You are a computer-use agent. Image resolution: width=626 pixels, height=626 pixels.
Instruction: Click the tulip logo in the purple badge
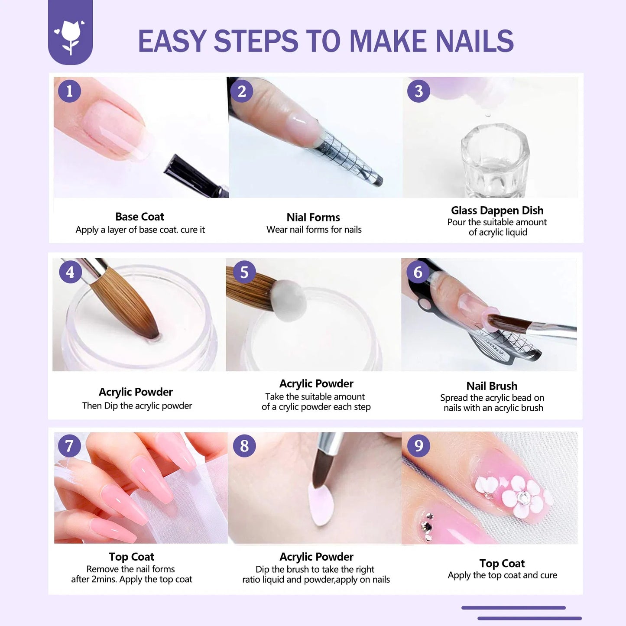pos(70,37)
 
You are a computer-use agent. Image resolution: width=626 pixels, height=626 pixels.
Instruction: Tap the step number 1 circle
pos(69,91)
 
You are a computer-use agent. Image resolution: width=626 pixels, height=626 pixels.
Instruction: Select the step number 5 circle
pos(244,272)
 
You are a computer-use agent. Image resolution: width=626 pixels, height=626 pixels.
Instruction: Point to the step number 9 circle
pos(418,445)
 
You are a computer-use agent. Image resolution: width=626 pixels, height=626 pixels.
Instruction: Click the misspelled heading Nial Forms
pos(313,217)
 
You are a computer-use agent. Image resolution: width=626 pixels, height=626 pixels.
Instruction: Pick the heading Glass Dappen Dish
pos(497,210)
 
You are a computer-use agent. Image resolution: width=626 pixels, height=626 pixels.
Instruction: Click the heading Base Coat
pos(139,217)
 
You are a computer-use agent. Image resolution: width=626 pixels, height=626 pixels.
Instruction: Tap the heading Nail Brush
pos(492,386)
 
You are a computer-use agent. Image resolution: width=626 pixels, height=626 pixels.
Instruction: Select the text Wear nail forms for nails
pos(314,230)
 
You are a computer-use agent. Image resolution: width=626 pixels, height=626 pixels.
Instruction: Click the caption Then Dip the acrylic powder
pos(137,405)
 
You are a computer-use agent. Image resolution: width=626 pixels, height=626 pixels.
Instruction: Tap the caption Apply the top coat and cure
pos(502,575)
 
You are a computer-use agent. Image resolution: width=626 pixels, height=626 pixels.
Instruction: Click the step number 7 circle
pos(69,445)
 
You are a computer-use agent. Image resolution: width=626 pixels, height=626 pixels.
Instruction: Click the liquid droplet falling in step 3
pos(488,115)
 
